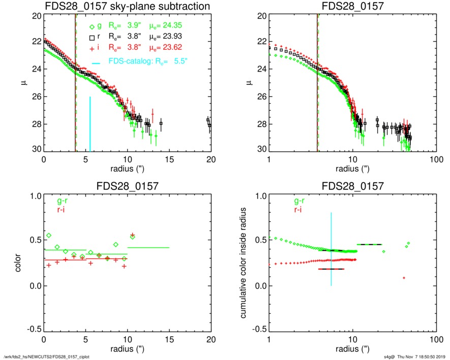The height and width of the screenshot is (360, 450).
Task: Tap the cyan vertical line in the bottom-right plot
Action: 331,249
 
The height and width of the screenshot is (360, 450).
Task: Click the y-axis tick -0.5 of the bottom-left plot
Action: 33,329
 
